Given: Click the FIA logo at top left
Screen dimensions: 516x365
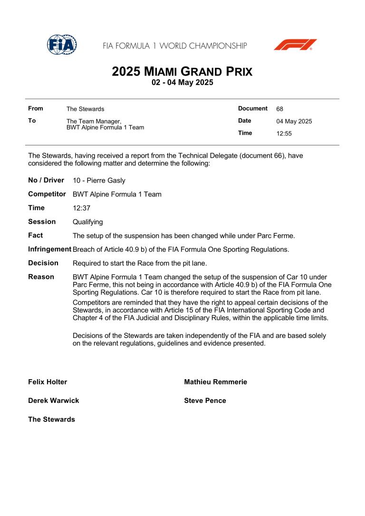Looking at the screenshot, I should point(62,45).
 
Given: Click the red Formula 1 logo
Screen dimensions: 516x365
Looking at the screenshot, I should point(295,45).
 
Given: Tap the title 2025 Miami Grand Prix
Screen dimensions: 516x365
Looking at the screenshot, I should point(182,72).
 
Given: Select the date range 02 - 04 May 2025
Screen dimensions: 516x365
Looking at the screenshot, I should point(182,83).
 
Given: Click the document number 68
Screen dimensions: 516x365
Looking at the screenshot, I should point(279,109).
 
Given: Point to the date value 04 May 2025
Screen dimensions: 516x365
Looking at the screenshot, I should point(294,121).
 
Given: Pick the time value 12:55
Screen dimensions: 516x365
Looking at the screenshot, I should point(284,134).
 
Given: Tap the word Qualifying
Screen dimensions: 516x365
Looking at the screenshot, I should point(88,222).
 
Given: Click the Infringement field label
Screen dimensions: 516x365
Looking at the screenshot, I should point(49,249).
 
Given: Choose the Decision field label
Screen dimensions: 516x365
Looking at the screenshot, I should point(43,263).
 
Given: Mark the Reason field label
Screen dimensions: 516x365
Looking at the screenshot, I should point(41,277).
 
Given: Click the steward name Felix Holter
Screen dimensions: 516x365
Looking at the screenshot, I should point(48,382).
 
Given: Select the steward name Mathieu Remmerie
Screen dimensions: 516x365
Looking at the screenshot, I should point(215,382).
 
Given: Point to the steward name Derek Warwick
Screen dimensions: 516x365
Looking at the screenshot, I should point(54,401).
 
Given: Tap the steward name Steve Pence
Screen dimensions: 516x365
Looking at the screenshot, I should point(205,401).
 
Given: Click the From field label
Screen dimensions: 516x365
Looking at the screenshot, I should point(36,109).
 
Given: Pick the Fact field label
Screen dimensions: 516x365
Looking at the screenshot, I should point(36,235).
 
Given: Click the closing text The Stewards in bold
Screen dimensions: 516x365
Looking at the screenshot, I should point(51,419).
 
